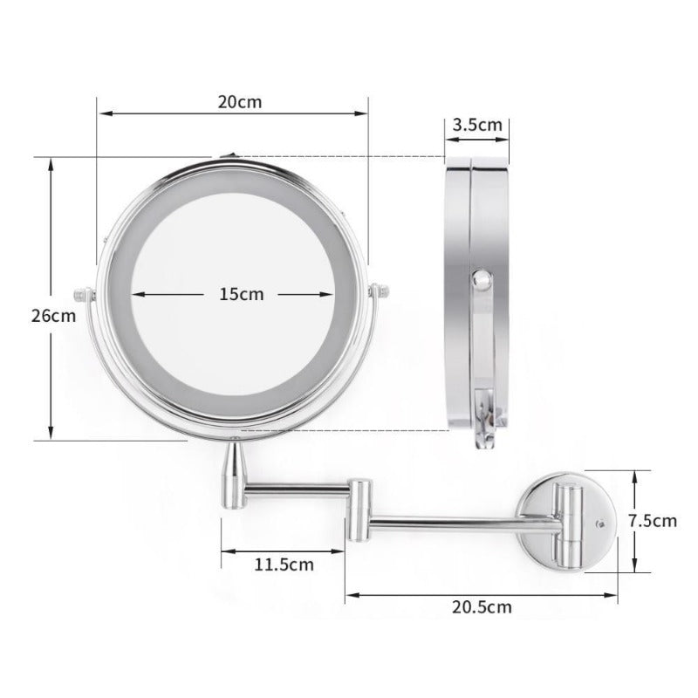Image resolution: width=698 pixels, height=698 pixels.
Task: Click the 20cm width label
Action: [239, 101]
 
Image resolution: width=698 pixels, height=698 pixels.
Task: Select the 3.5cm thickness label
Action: [477, 124]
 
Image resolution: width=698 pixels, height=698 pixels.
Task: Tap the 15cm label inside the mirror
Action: [241, 294]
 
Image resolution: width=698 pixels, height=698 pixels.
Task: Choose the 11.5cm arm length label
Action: [284, 564]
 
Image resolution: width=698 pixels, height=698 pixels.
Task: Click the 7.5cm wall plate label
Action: [653, 521]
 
